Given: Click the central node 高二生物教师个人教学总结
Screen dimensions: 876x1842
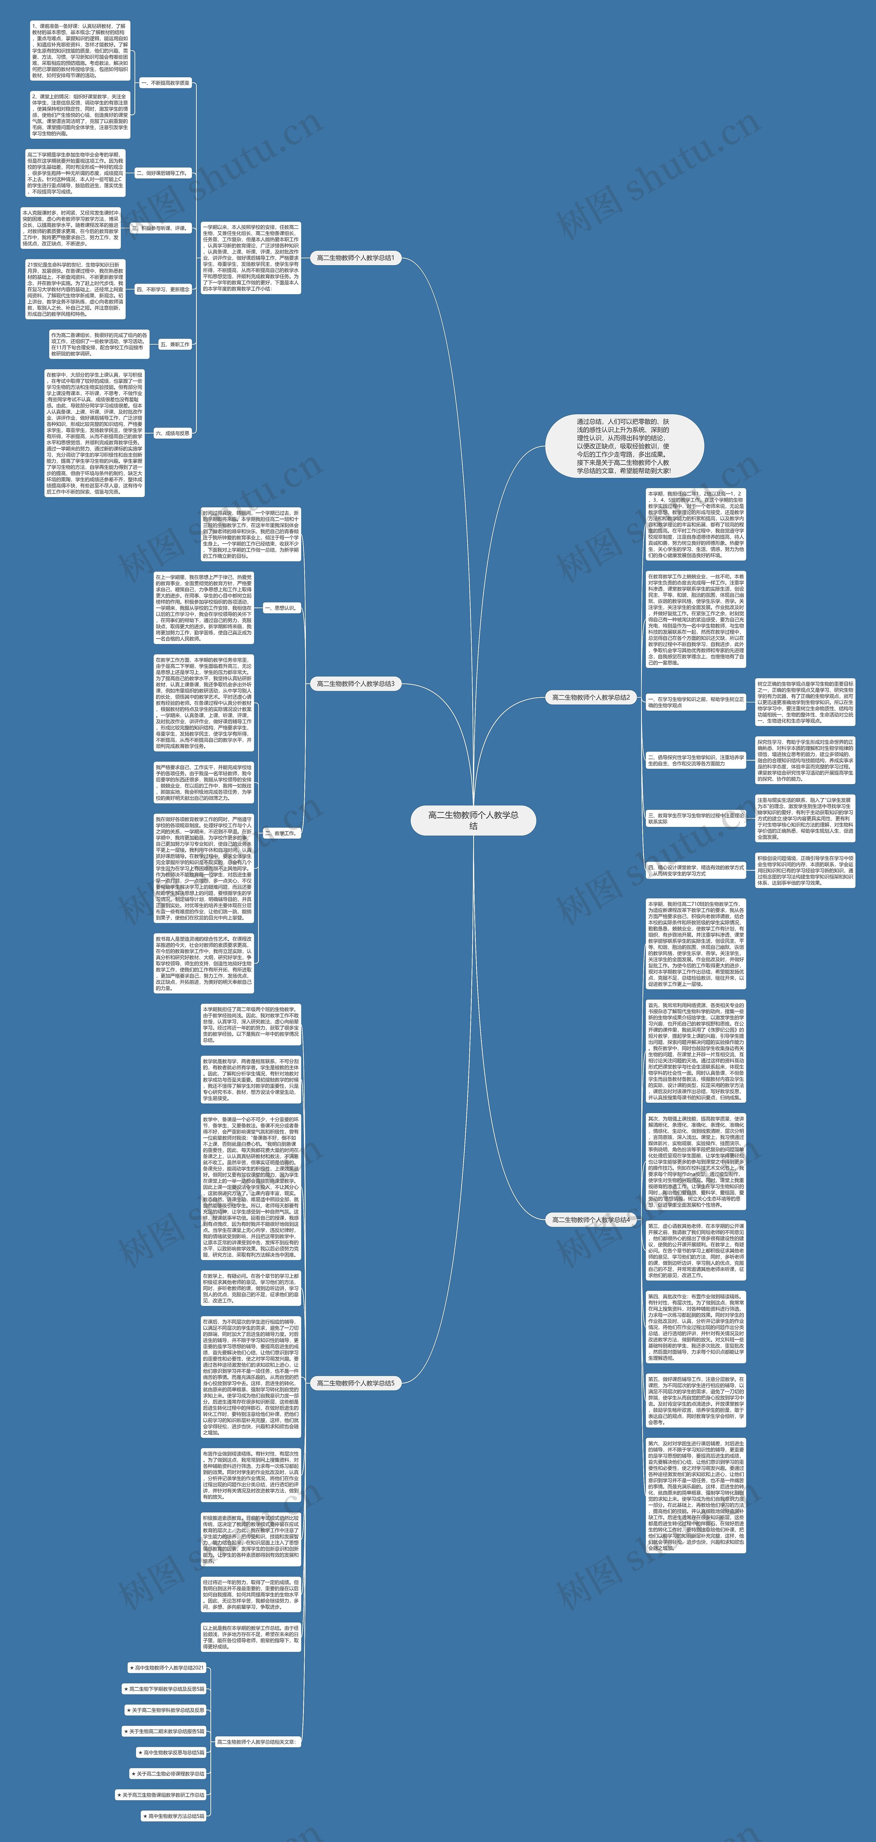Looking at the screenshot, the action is (473, 820).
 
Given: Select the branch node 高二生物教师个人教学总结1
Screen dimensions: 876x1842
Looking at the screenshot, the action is (355, 257).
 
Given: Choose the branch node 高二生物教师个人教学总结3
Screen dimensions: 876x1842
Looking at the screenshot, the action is (355, 684).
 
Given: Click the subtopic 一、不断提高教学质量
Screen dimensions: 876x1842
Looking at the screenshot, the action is (165, 83).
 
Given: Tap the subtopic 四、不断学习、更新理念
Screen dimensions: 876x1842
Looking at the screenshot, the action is (163, 289).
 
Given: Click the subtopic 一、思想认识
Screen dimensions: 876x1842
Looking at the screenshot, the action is (279, 608).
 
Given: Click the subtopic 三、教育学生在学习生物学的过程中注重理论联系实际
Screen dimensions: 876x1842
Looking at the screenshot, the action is (695, 818).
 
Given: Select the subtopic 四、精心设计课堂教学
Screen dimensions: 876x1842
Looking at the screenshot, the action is (695, 870).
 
